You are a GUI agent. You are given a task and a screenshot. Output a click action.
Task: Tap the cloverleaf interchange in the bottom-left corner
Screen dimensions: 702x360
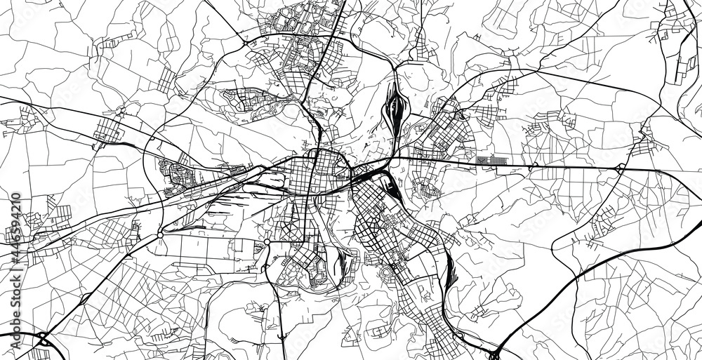coord(42,342)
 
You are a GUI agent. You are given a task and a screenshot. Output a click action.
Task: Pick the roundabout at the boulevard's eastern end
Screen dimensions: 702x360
coord(267,242)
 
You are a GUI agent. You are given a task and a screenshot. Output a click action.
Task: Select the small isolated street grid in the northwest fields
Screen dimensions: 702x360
coord(166,81)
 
